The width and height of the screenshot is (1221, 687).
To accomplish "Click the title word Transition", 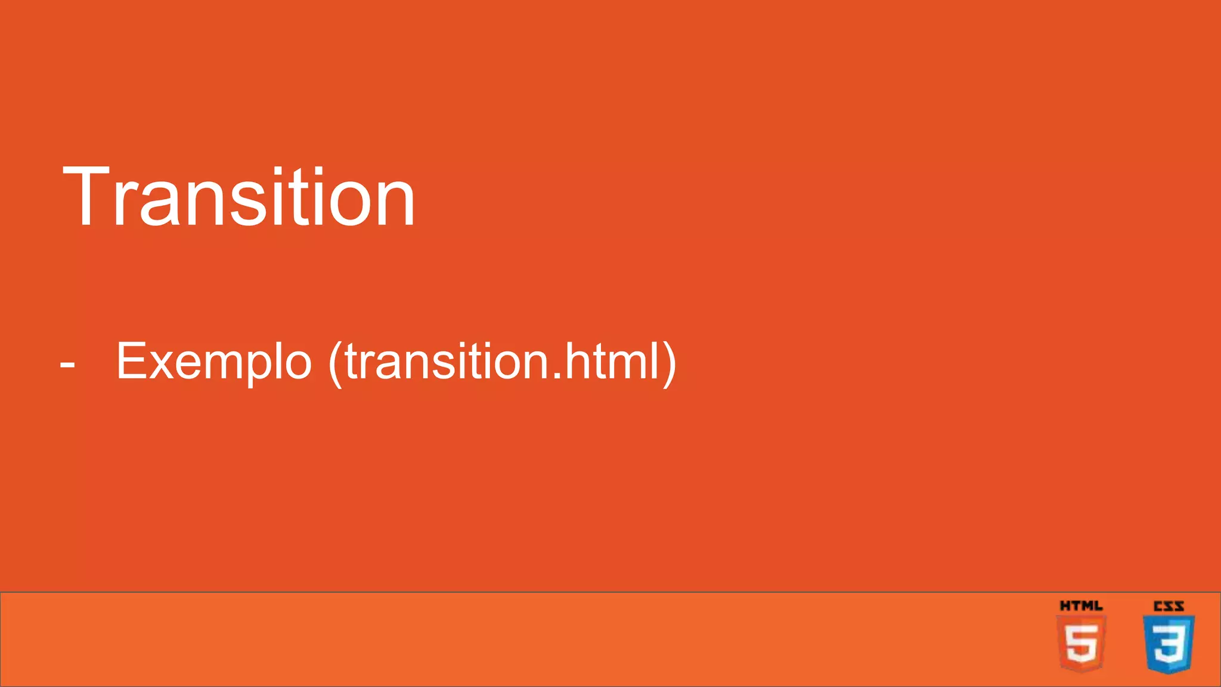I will click(x=238, y=197).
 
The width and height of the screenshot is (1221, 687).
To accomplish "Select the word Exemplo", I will click(x=214, y=362).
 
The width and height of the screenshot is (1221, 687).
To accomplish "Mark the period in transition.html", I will click(x=556, y=376).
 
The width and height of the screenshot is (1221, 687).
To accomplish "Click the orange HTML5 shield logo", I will click(x=1081, y=644).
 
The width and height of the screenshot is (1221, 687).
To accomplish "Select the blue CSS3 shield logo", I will click(x=1169, y=644).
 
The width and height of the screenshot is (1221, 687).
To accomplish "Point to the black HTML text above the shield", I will click(x=1081, y=606).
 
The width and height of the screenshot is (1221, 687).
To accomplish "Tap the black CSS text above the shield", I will click(x=1169, y=606).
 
